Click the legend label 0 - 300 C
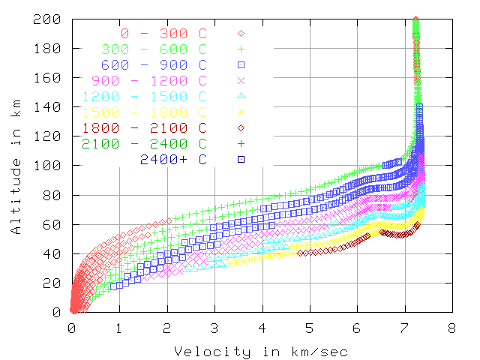pyautogui.click(x=163, y=33)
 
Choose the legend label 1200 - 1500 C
pyautogui.click(x=144, y=96)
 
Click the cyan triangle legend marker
pyautogui.click(x=241, y=96)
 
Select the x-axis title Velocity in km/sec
pyautogui.click(x=261, y=351)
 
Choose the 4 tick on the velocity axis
pyautogui.click(x=262, y=327)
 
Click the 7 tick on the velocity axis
pyautogui.click(x=405, y=327)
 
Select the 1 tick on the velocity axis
pyautogui.click(x=119, y=327)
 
